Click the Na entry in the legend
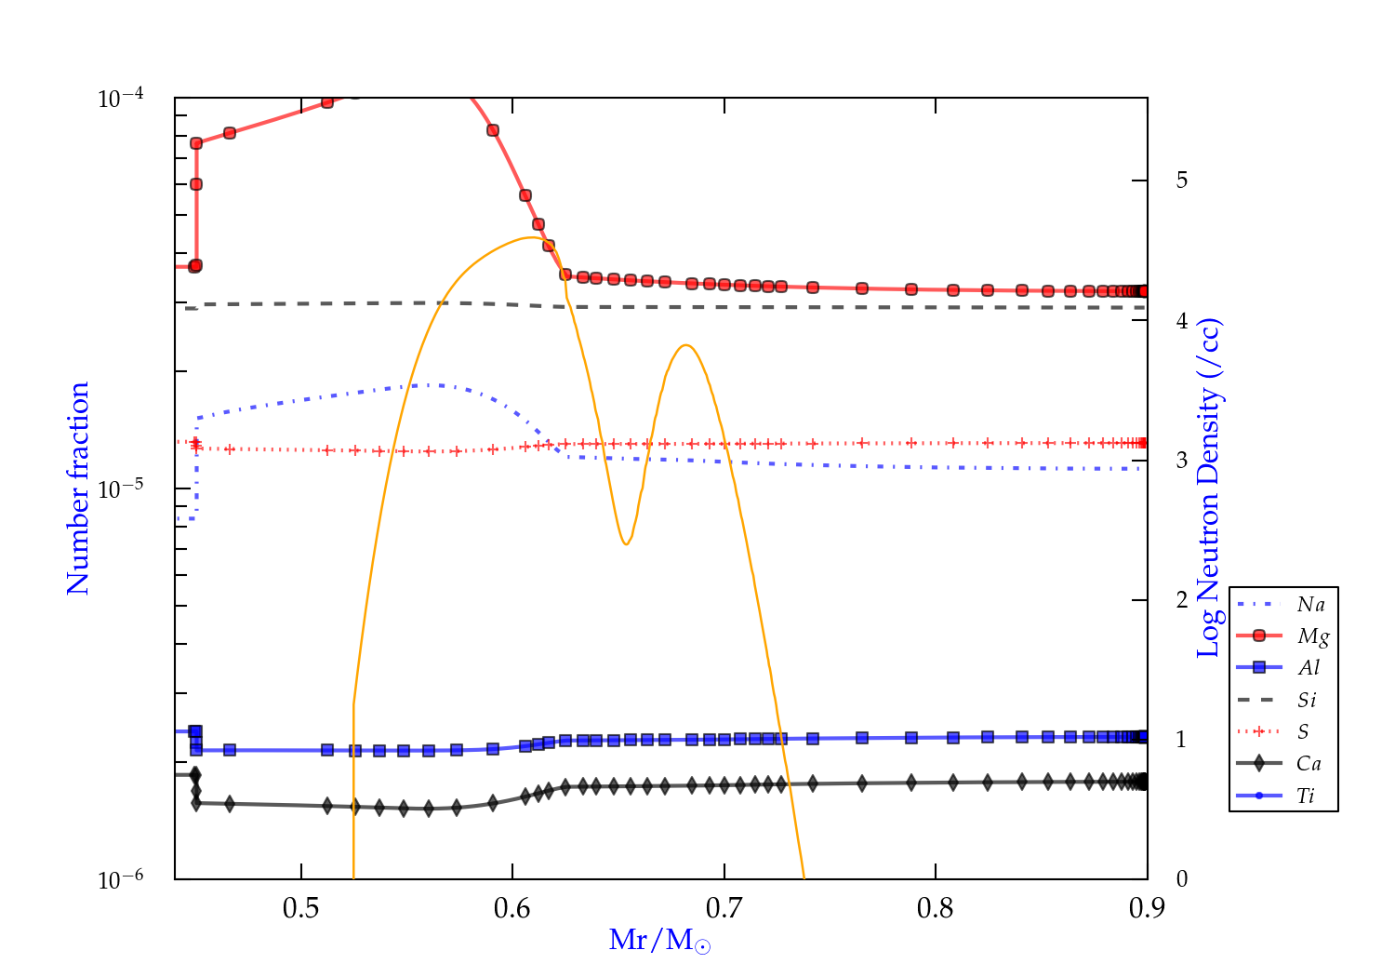coord(1310,605)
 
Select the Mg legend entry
coord(1312,636)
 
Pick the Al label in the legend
coord(1309,668)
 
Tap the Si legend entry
coord(1307,700)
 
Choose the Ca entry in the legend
coord(1309,764)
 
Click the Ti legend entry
coord(1306,796)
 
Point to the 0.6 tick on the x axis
coord(512,908)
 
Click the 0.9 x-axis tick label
coord(1147,908)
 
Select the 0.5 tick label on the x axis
coord(301,908)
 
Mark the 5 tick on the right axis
coord(1182,180)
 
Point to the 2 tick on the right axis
coord(1182,599)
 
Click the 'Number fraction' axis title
coord(78,488)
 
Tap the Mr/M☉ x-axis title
coord(660,941)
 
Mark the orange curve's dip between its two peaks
coord(626,543)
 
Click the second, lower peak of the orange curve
coord(685,345)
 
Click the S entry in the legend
coord(1303,732)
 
